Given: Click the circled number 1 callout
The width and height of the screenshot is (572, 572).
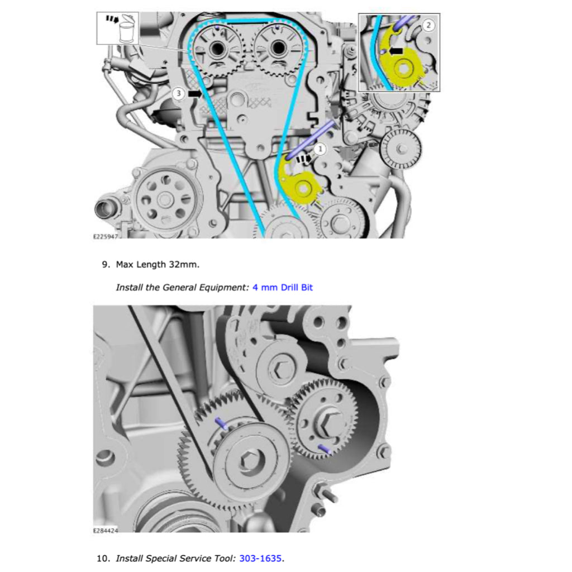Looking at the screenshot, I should coord(320,149).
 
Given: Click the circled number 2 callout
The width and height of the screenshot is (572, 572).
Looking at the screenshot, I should coord(428,25).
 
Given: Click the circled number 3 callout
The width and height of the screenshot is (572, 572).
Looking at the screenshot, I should coord(178,93).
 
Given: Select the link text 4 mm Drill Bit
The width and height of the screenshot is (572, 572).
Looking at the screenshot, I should coord(282,287).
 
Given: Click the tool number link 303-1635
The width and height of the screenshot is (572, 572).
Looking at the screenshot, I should coord(261,558).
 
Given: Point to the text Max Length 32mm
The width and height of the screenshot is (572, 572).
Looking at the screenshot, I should coord(158,264).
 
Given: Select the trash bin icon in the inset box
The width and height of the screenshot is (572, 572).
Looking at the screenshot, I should coord(126,31).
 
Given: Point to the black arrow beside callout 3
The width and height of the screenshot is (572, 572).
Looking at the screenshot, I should coord(195,94).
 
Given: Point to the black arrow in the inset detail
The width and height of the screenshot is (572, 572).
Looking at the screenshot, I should coord(396,50).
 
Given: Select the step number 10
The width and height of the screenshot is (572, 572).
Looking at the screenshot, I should coord(103,558).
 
